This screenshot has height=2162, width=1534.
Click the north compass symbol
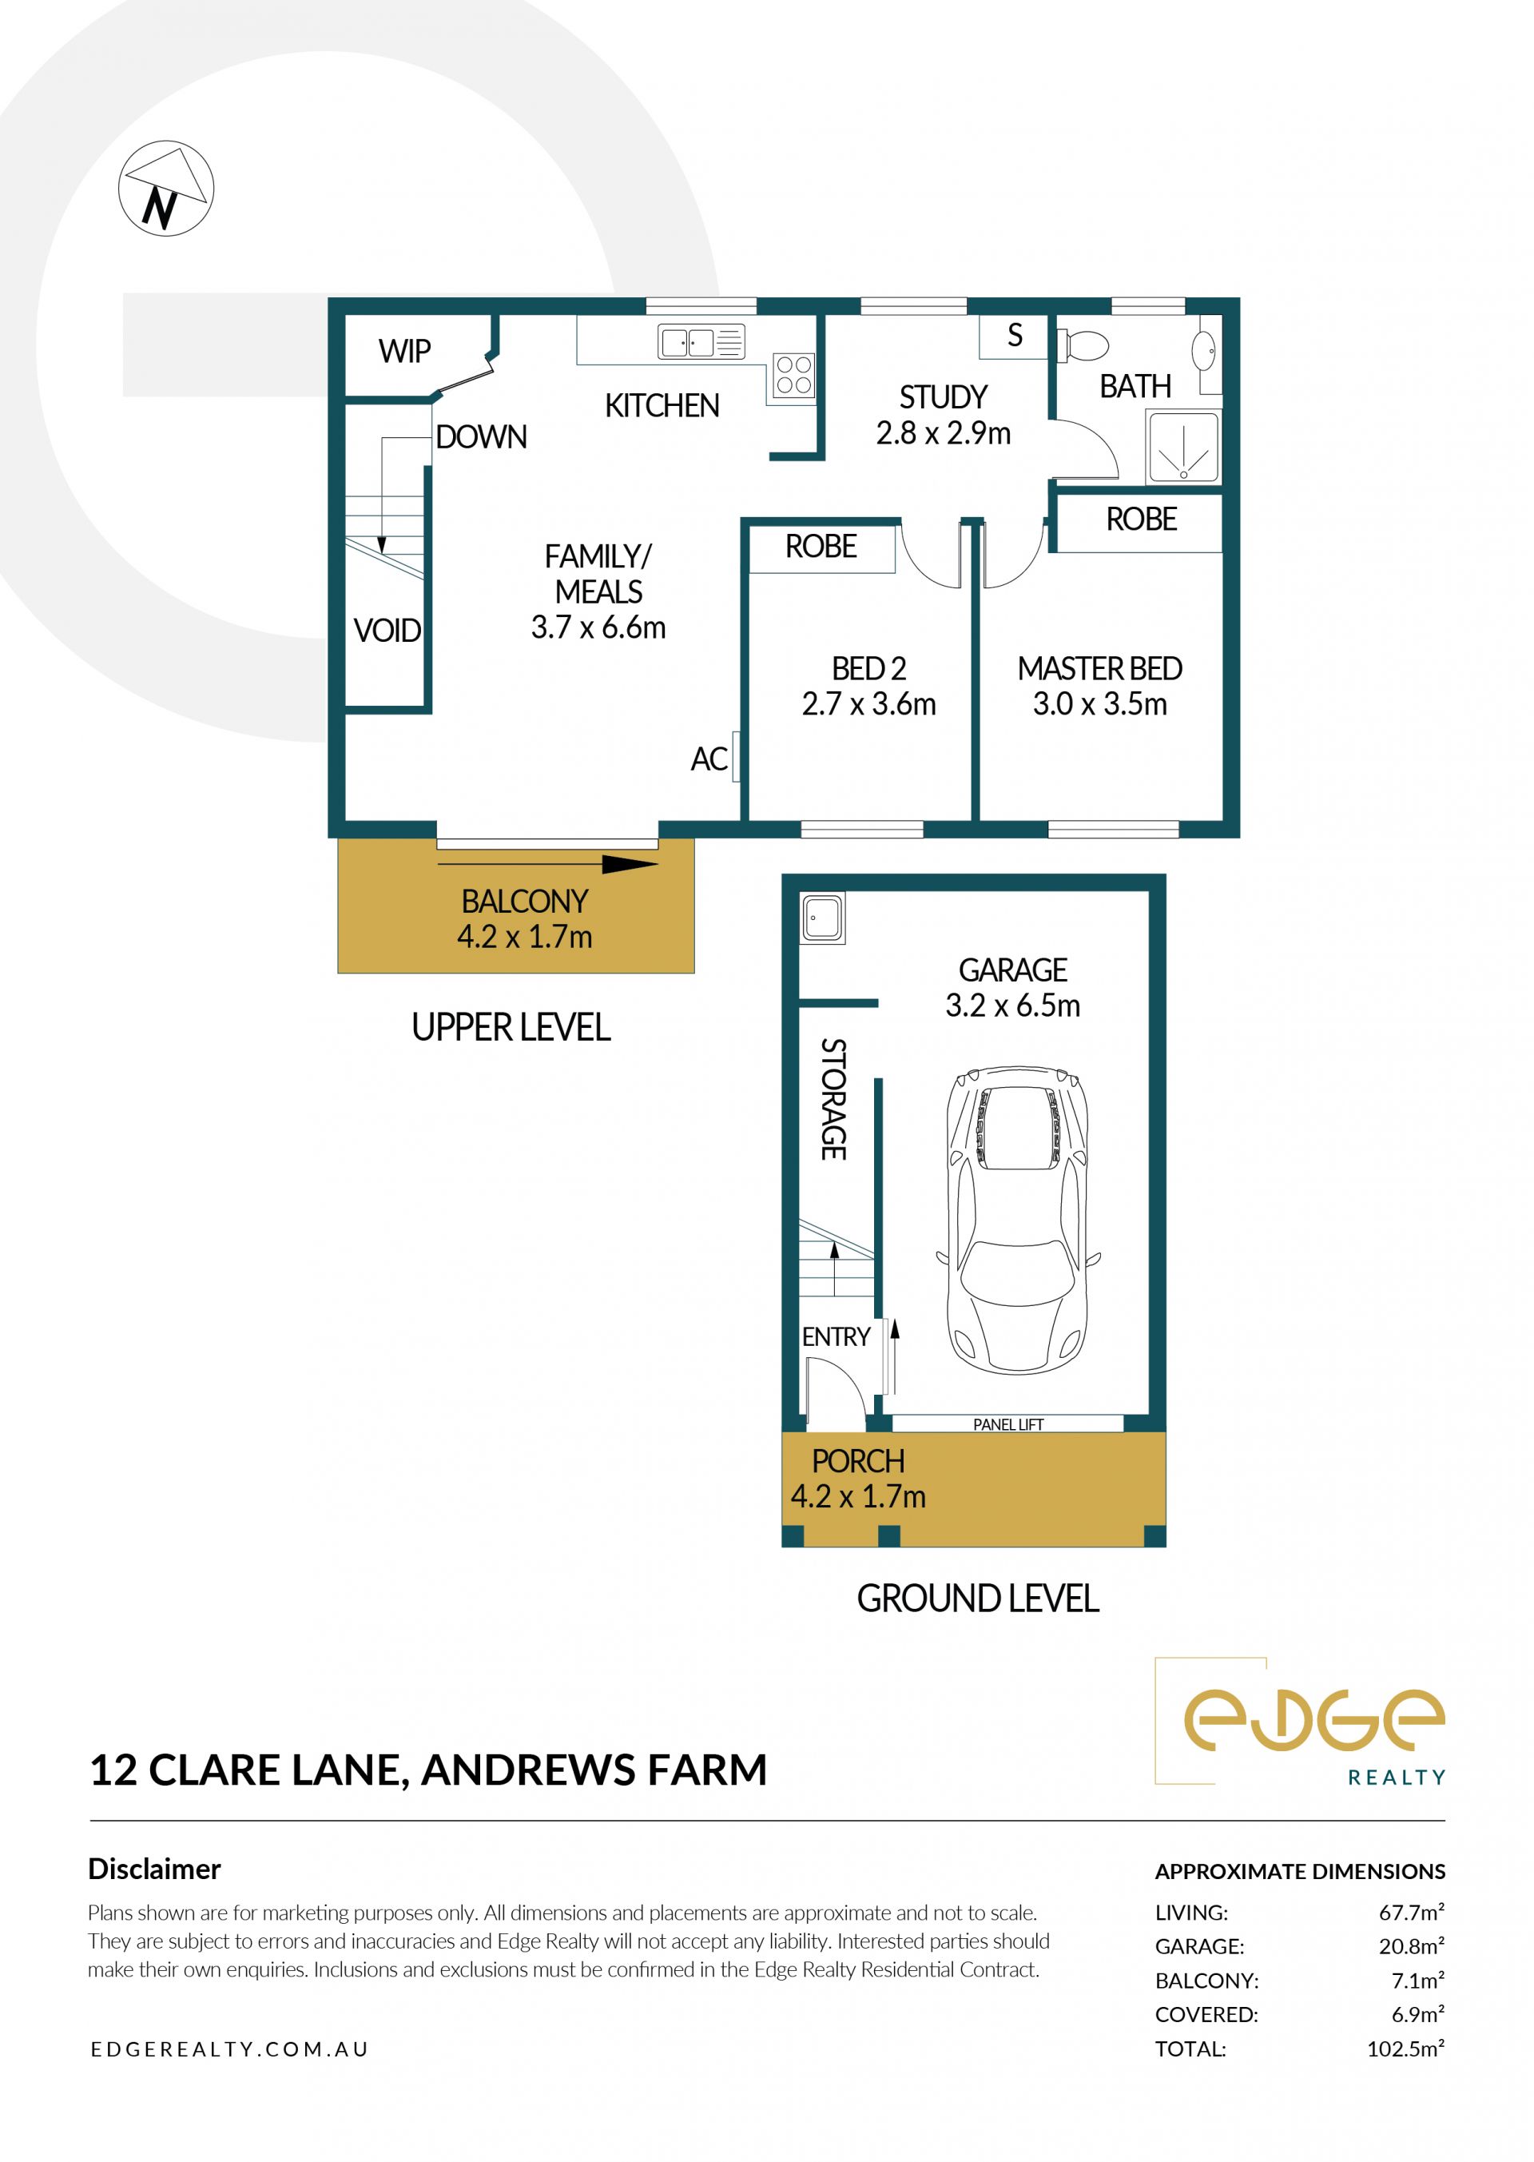pyautogui.click(x=166, y=188)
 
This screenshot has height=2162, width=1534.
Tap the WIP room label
pyautogui.click(x=404, y=352)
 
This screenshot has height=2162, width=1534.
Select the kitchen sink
pyautogui.click(x=701, y=341)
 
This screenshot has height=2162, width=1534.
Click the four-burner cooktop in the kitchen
pyautogui.click(x=793, y=374)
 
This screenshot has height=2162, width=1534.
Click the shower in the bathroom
pyautogui.click(x=1182, y=447)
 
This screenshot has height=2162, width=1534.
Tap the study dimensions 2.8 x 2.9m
pyautogui.click(x=943, y=432)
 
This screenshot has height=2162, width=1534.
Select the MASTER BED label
pyautogui.click(x=1099, y=668)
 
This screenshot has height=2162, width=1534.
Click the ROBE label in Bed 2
pyautogui.click(x=821, y=546)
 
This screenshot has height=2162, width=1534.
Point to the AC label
pyautogui.click(x=709, y=758)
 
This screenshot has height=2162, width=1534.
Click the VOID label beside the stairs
pyautogui.click(x=387, y=631)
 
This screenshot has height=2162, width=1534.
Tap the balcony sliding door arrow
pyautogui.click(x=548, y=864)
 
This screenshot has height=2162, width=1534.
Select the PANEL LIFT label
pyautogui.click(x=1007, y=1424)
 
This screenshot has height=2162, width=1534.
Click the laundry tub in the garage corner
pyautogui.click(x=823, y=918)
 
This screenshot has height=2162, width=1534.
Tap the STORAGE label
pyautogui.click(x=833, y=1099)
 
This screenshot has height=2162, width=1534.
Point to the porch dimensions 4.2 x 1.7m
pyautogui.click(x=857, y=1496)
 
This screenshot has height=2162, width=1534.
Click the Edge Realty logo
pyautogui.click(x=1301, y=1722)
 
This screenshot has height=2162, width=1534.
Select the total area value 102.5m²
pyautogui.click(x=1405, y=2049)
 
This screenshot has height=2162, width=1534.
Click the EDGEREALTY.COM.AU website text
pyautogui.click(x=229, y=2049)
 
